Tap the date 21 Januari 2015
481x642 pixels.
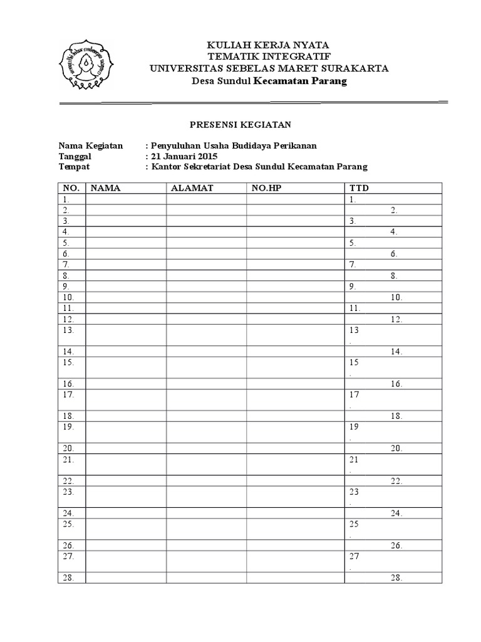184,156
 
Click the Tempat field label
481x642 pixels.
74,167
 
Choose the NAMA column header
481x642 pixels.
105,188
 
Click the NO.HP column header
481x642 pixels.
267,188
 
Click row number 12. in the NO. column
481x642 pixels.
68,319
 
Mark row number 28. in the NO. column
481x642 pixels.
68,579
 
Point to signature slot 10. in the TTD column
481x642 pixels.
396,298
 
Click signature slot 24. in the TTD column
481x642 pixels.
396,513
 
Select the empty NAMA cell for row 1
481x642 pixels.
127,199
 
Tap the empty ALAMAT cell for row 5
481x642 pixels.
206,243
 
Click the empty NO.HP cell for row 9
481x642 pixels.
296,287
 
